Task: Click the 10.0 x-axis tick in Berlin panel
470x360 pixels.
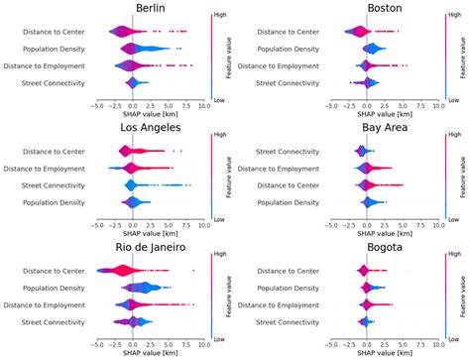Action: [x=202, y=103]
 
